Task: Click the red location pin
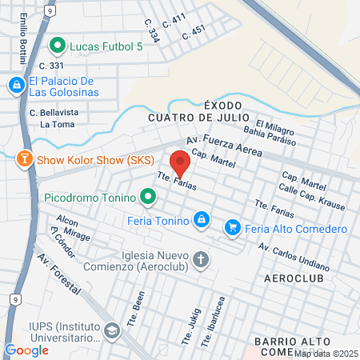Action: pyautogui.click(x=180, y=163)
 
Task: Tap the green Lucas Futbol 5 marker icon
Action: pyautogui.click(x=57, y=46)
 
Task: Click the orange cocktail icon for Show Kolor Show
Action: pyautogui.click(x=26, y=159)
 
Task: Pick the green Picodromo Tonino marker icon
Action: pyautogui.click(x=147, y=195)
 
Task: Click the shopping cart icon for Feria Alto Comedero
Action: pyautogui.click(x=233, y=228)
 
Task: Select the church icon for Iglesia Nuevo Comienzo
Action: pyautogui.click(x=200, y=260)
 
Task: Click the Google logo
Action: pyautogui.click(x=26, y=350)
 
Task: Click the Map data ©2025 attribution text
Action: pyautogui.click(x=326, y=353)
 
